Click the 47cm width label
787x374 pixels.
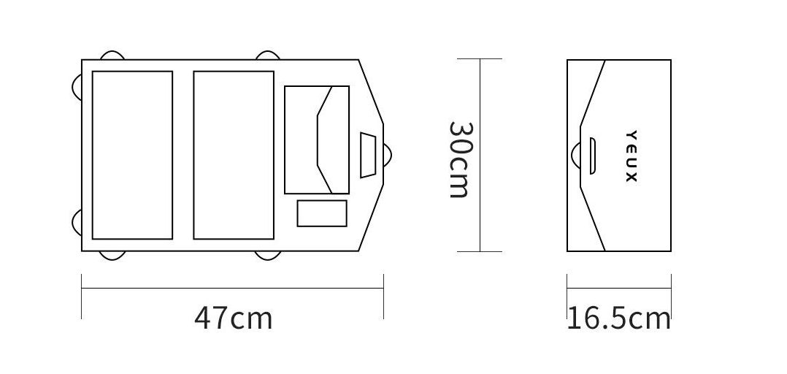click(234, 318)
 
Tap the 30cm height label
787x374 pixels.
click(459, 159)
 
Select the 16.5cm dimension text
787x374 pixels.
click(619, 318)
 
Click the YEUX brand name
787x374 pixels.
click(631, 156)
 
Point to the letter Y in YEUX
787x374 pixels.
click(631, 134)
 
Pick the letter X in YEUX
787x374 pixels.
click(631, 178)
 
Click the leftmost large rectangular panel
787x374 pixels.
click(133, 155)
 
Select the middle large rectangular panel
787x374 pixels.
click(234, 155)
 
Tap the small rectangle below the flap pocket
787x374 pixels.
click(322, 213)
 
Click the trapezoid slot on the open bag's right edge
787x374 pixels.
click(368, 155)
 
